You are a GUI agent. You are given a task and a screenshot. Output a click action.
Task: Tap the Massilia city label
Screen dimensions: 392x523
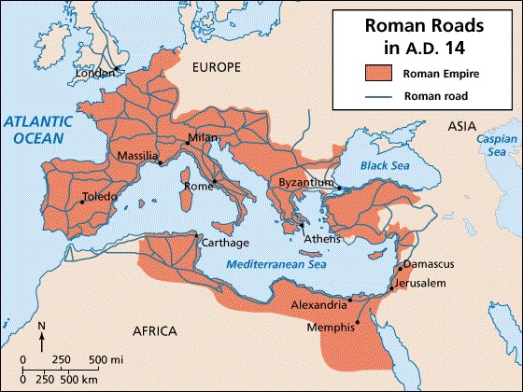coord(135,155)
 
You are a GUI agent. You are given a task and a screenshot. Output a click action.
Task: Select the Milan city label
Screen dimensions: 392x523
coord(203,137)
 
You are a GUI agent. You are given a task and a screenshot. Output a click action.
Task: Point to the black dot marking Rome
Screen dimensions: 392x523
coord(215,181)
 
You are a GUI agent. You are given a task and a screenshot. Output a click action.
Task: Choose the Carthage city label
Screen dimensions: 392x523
coord(227,243)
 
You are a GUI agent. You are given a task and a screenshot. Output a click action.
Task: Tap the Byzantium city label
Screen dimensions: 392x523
coord(305,183)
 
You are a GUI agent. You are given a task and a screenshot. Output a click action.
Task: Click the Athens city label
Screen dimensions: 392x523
coord(321,239)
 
